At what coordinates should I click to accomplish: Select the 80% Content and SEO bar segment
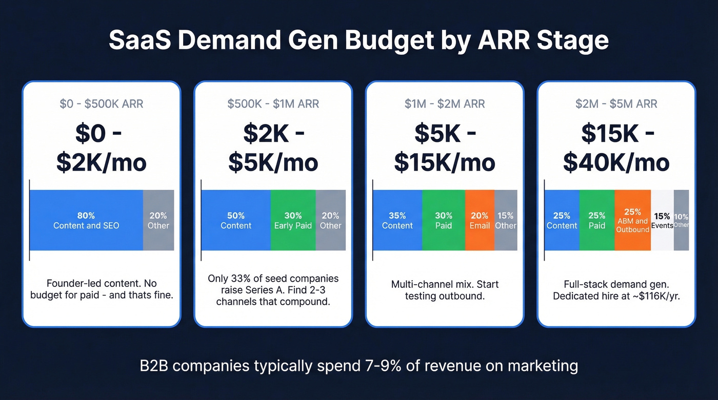(x=86, y=220)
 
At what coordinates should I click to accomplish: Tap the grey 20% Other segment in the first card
(x=158, y=220)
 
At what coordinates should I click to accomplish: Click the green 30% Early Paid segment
(x=293, y=220)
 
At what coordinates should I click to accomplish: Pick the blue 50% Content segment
(x=236, y=220)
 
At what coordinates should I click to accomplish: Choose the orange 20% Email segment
(x=480, y=220)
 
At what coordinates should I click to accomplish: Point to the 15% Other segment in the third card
(x=506, y=220)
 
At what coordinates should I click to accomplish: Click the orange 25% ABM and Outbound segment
(x=632, y=220)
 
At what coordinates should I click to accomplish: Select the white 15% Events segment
(x=662, y=220)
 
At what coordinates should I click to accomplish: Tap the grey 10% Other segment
(x=681, y=220)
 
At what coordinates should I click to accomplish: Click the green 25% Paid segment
(x=597, y=220)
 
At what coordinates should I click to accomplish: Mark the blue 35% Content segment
(x=397, y=220)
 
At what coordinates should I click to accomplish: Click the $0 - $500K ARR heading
(x=101, y=104)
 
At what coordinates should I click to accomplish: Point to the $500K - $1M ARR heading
(x=273, y=104)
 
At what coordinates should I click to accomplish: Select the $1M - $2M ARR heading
(x=445, y=104)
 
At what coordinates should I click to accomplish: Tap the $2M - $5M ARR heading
(x=616, y=104)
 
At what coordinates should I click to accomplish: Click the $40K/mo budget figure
(x=616, y=162)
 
